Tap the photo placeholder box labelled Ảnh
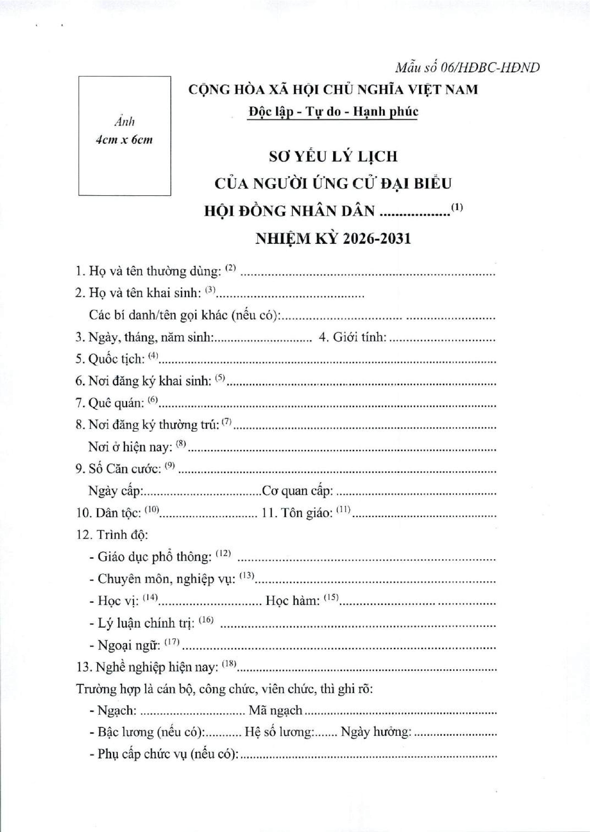point(125,136)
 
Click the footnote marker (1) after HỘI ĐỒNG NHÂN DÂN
point(457,208)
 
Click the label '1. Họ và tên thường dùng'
point(148,272)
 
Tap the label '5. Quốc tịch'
point(110,359)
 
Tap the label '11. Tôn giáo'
point(300,513)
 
